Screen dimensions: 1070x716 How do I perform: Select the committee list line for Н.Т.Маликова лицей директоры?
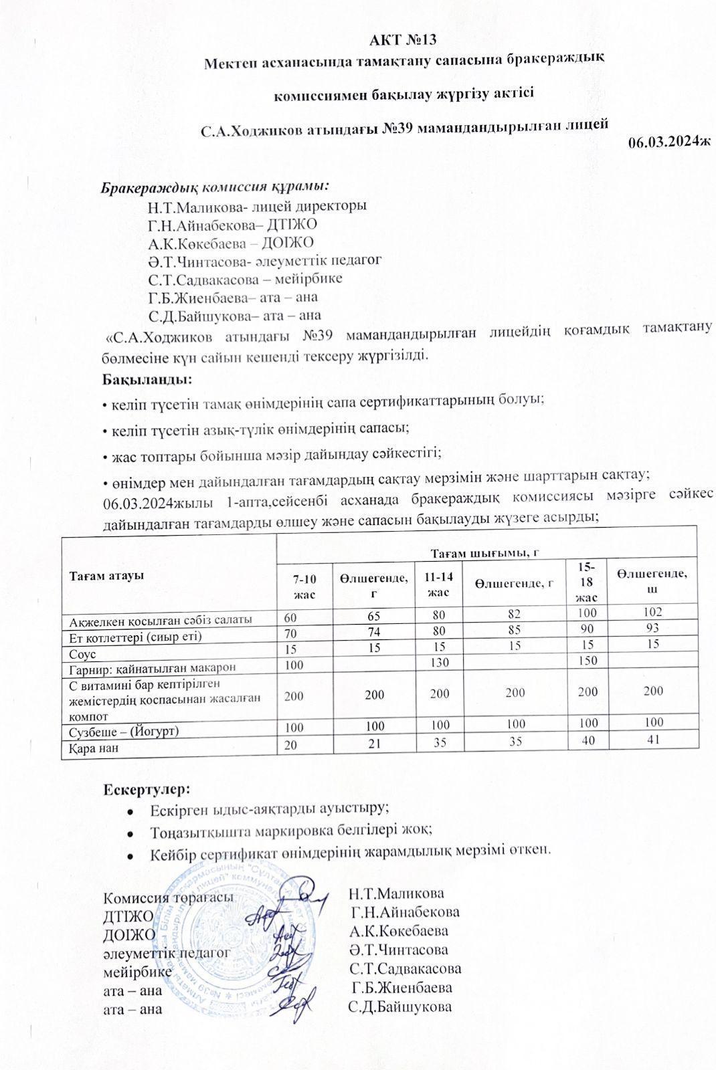pos(257,207)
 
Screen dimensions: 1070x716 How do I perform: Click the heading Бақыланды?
pos(147,380)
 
